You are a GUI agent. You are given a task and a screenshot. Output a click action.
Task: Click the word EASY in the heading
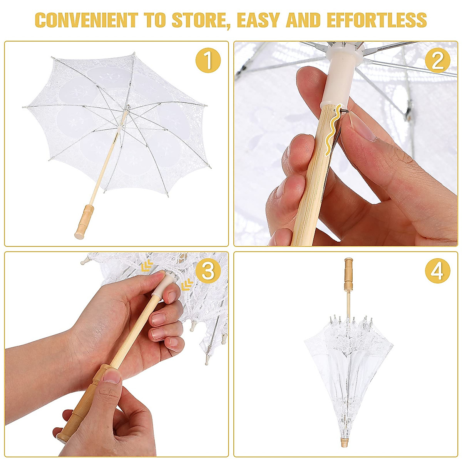point(261,20)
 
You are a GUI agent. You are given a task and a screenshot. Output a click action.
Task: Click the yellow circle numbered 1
point(208,60)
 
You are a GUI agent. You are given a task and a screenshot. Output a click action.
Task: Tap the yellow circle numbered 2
point(437,60)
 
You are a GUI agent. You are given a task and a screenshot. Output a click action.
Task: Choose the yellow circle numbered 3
point(208,271)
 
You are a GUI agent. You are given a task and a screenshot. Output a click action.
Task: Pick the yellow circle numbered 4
point(437,271)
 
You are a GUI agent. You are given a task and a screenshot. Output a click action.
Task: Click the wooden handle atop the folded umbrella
point(348,274)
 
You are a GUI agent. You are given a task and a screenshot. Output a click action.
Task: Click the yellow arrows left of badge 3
point(147,266)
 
